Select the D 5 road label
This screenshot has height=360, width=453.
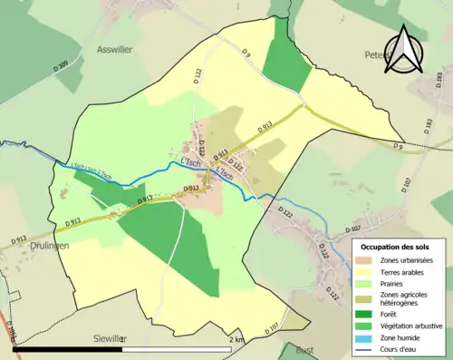397,146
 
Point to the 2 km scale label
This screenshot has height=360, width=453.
237,339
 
